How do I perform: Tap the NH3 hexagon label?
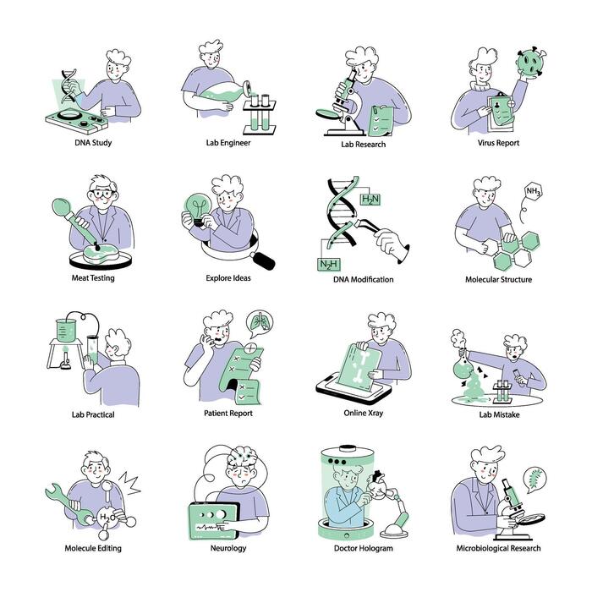click(533, 191)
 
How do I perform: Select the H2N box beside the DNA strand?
click(370, 199)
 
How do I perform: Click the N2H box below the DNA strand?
click(328, 264)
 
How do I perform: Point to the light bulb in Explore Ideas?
click(198, 209)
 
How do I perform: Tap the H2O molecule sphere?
click(107, 518)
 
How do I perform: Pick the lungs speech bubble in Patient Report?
click(260, 324)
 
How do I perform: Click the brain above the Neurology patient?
click(242, 458)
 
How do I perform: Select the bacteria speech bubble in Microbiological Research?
click(534, 479)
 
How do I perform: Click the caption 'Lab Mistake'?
click(499, 414)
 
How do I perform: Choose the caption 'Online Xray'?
click(363, 413)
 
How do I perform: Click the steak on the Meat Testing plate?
click(101, 253)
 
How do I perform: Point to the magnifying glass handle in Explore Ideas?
click(263, 260)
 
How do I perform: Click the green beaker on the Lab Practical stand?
click(66, 331)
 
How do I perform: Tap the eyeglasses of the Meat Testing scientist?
click(102, 194)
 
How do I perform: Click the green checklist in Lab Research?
click(381, 121)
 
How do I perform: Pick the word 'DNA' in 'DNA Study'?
click(82, 143)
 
